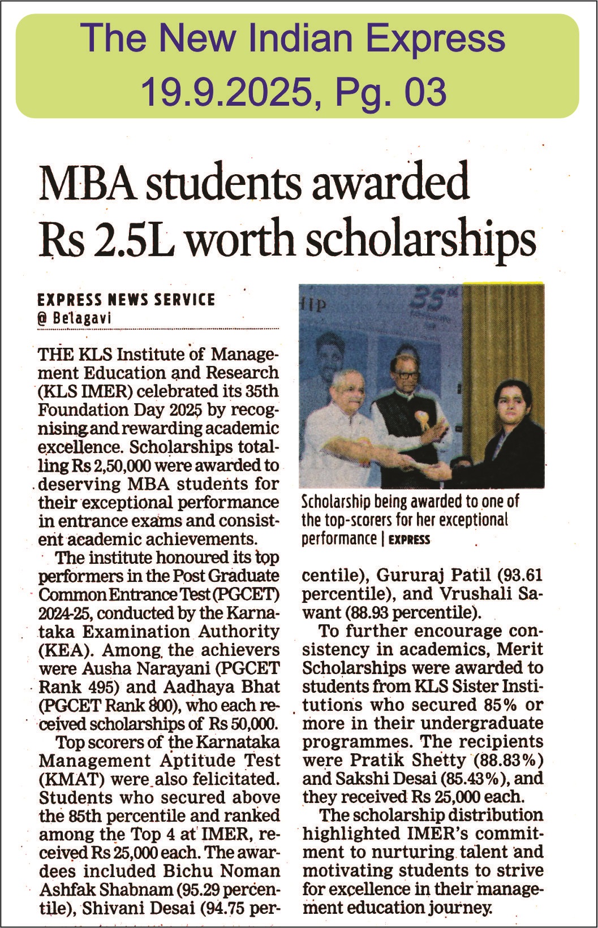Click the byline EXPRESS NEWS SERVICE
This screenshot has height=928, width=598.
click(126, 299)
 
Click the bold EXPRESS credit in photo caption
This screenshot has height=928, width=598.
click(409, 539)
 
